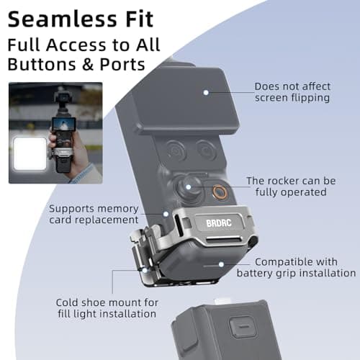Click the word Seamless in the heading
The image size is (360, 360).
tap(63, 19)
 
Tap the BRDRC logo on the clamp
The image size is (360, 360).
tap(219, 223)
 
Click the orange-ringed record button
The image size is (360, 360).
tap(220, 192)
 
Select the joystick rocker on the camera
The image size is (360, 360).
tap(189, 187)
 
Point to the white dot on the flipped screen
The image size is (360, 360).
tap(206, 92)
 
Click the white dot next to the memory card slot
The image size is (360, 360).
tap(166, 214)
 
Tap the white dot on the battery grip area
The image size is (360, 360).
tap(221, 264)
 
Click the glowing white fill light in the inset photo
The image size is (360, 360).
tap(30, 154)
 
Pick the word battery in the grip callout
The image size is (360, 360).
tap(255, 273)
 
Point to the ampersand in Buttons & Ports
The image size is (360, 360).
tap(88, 64)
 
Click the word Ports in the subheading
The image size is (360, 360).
tap(122, 64)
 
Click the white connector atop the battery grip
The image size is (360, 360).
tap(222, 300)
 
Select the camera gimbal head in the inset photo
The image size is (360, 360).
tap(63, 98)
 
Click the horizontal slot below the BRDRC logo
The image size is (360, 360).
tap(224, 239)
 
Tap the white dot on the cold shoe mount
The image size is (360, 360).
tap(145, 271)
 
